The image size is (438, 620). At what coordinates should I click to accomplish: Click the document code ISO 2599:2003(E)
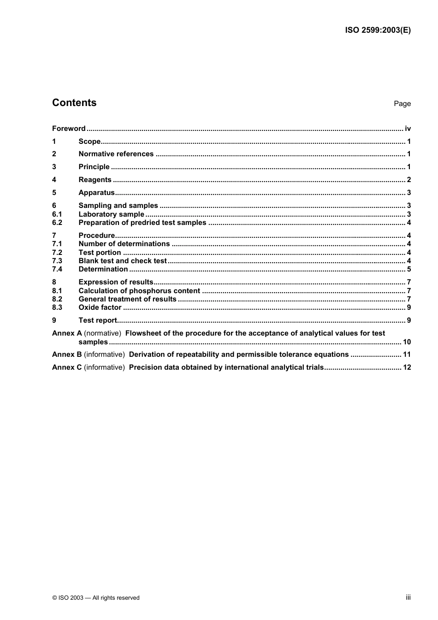[378, 30]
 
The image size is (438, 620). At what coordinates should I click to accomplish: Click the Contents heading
[74, 103]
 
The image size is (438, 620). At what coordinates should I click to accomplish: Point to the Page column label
[402, 104]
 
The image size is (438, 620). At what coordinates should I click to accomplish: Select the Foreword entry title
[69, 129]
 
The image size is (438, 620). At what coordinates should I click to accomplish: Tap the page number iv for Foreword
[408, 129]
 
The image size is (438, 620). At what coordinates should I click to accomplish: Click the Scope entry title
[89, 142]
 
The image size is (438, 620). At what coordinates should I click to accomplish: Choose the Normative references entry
[116, 154]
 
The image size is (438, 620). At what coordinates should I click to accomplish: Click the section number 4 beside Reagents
[54, 180]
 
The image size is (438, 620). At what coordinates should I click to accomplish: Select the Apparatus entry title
[96, 193]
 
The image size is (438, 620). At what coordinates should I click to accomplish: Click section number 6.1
[57, 214]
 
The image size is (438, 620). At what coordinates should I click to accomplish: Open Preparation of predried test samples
[142, 223]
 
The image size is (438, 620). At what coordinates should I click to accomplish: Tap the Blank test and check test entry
[123, 261]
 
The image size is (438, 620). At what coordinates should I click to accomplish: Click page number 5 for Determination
[408, 269]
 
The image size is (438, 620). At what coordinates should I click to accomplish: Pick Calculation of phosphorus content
[139, 291]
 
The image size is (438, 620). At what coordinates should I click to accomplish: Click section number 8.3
[57, 307]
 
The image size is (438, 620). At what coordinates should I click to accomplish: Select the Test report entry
[98, 320]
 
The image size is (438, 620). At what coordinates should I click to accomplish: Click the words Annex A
[67, 333]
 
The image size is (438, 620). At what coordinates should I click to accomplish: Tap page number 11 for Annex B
[407, 354]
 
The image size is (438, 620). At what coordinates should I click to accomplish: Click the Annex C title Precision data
[226, 367]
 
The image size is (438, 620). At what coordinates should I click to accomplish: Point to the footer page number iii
[408, 597]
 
